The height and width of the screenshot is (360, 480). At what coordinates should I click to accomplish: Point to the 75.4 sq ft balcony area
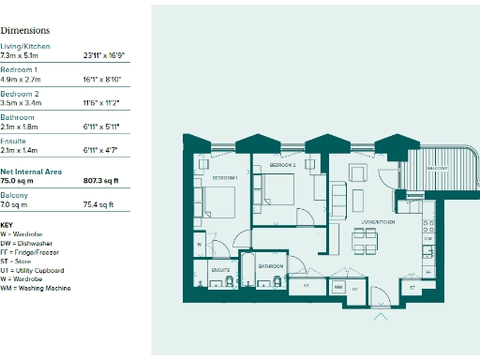tap(98, 203)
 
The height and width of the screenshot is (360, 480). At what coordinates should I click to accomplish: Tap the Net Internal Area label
tap(31, 172)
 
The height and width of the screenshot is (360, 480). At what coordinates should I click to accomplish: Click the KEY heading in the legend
tap(7, 225)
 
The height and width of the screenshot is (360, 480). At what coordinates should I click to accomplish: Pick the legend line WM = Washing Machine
tap(36, 288)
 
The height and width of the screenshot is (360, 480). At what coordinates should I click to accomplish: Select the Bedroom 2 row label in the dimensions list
tap(19, 94)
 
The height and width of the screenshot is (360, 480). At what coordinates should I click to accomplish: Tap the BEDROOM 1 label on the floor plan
tap(223, 177)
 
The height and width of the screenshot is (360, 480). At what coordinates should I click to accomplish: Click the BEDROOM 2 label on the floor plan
tap(282, 165)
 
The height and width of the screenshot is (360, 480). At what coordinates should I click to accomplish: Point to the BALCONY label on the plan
tap(436, 168)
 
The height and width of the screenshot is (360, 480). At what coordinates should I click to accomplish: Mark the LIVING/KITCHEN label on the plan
tap(379, 222)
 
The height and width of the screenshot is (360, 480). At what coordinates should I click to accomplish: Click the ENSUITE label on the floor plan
tap(220, 269)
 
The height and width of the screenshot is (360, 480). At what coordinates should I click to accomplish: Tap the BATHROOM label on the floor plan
tap(271, 266)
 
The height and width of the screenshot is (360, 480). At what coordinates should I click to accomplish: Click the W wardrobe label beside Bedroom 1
tap(200, 246)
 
